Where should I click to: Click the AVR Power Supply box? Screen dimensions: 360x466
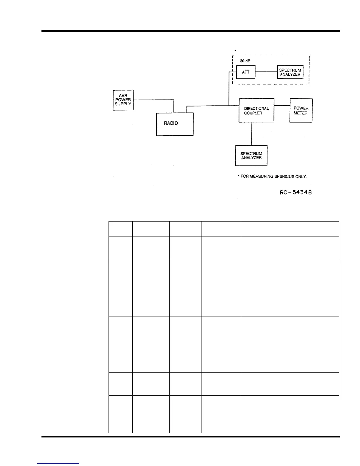123,100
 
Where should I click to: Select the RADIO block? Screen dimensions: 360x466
174,124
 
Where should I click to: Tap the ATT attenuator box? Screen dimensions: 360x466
246,72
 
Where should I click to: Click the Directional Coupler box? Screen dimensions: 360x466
256,110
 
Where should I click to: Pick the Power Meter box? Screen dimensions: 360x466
301,110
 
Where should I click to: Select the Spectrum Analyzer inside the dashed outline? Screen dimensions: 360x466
290,72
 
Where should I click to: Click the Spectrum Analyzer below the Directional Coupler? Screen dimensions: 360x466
251,156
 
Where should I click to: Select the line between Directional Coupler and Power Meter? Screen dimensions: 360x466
282,106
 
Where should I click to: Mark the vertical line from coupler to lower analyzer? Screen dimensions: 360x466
251,134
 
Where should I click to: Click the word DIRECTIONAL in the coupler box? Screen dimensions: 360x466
256,108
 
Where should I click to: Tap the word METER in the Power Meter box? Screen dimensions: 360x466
301,113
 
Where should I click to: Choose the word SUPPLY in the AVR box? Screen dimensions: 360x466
123,104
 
